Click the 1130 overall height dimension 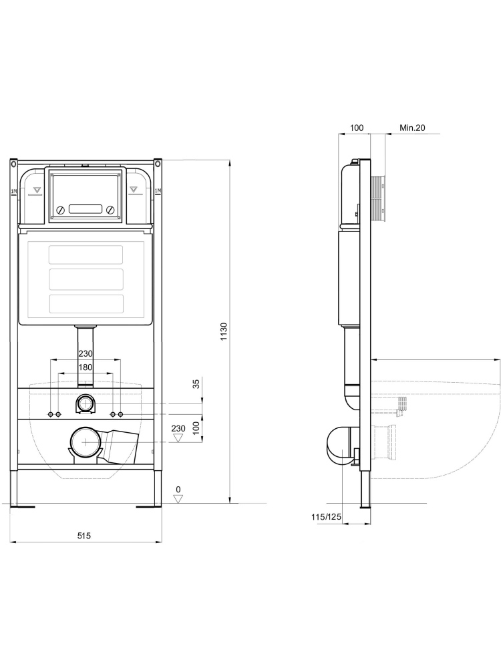224,331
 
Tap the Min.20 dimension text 412,127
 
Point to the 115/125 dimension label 326,516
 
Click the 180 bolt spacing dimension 86,368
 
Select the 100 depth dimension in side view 357,127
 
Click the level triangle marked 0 178,498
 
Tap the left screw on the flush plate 60,210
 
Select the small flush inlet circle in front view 86,403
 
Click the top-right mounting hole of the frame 158,162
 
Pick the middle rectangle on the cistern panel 86,278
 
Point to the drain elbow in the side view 339,444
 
